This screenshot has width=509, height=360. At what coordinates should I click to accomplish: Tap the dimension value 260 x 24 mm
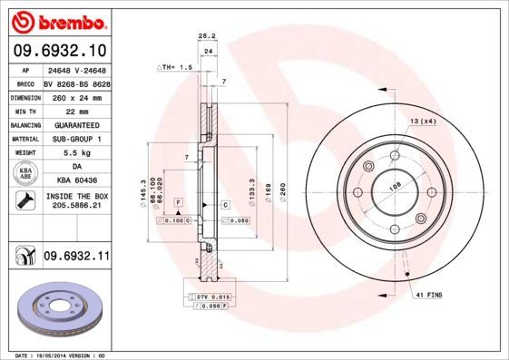tap(76, 95)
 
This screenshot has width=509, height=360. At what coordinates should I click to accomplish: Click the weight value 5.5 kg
tap(76, 153)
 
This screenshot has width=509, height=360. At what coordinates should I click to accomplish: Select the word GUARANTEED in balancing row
tap(76, 124)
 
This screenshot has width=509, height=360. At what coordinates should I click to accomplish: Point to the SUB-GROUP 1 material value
tap(76, 139)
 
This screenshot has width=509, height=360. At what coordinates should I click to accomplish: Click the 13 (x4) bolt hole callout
tap(423, 122)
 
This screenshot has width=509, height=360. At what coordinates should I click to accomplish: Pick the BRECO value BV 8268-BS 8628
tap(76, 81)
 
